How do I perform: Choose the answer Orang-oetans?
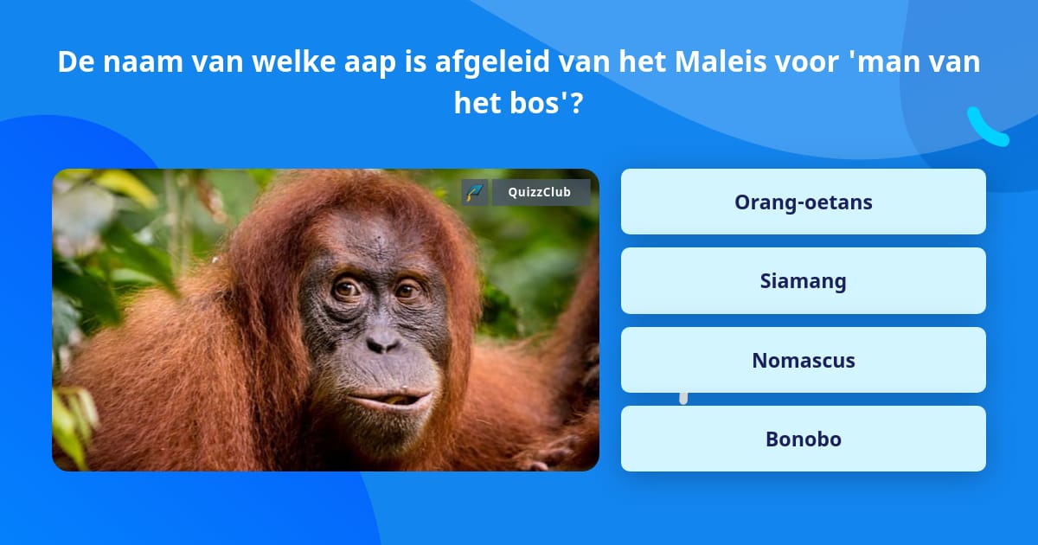pos(803,202)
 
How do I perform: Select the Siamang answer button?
pos(803,281)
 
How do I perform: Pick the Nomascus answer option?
pos(803,360)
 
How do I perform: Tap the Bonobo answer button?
pos(803,439)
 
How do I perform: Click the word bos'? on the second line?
pos(546,102)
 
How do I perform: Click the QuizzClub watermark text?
pos(540,192)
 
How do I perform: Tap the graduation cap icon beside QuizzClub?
pos(475,192)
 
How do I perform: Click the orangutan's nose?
pos(382,342)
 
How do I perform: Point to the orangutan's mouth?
pos(388,400)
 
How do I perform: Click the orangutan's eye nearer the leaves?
pos(348,289)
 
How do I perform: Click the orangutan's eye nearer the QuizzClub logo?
pos(407,291)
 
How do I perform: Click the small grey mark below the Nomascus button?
pos(683,399)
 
